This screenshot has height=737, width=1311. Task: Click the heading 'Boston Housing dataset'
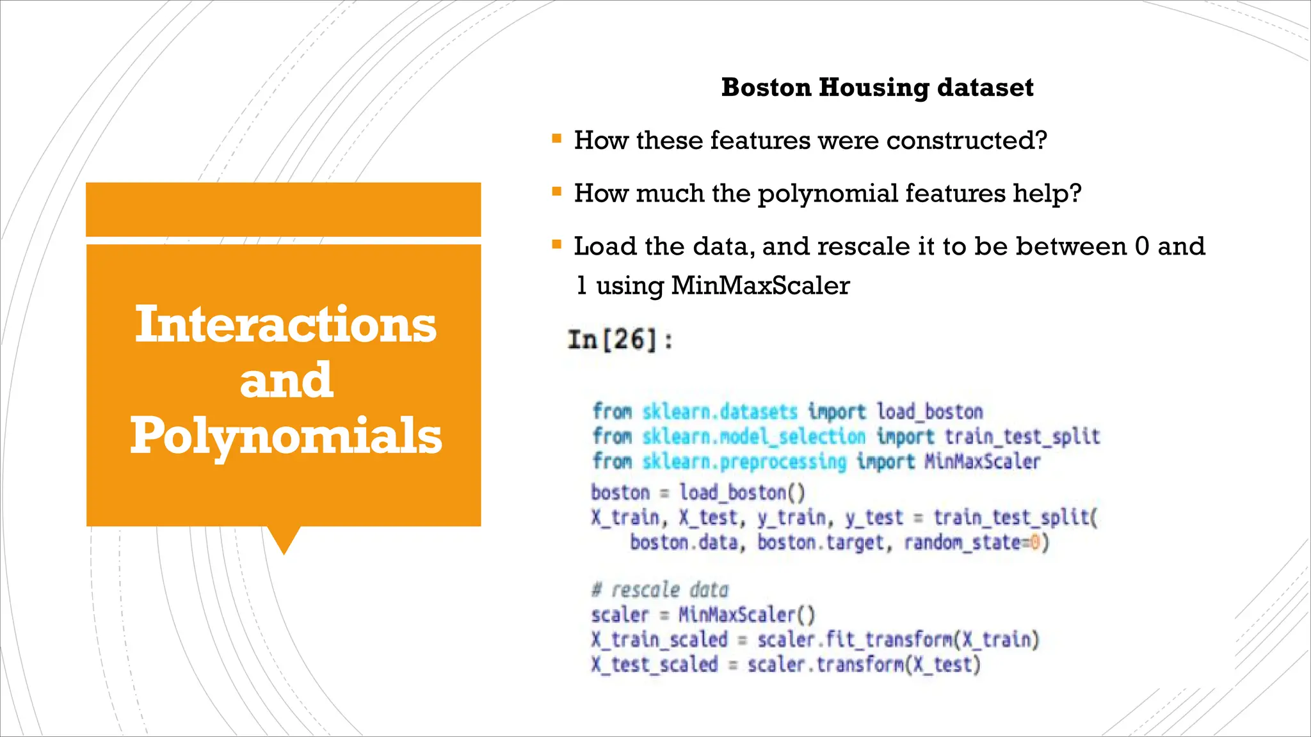[x=877, y=88]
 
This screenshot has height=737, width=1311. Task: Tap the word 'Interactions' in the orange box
[x=286, y=324]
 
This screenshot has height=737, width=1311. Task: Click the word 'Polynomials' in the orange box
[x=286, y=436]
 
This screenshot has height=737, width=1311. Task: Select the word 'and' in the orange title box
[x=286, y=380]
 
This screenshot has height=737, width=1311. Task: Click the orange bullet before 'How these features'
[x=556, y=138]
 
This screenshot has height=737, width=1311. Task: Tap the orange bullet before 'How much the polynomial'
[x=556, y=191]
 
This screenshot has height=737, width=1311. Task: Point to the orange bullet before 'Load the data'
[x=556, y=244]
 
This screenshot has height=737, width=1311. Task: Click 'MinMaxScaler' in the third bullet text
[x=760, y=285]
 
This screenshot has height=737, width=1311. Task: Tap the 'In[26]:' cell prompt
[x=620, y=340]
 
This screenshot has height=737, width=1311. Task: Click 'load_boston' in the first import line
[x=929, y=411]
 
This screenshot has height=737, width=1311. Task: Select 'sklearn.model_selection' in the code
[x=753, y=436]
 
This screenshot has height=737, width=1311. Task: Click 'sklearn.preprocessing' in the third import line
[x=744, y=461]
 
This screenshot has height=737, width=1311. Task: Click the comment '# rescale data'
[x=660, y=589]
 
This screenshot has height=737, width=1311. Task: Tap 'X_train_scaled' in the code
[x=659, y=639]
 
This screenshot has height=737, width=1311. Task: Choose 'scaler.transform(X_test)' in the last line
[x=864, y=664]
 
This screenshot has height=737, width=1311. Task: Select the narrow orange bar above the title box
[x=283, y=209]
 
